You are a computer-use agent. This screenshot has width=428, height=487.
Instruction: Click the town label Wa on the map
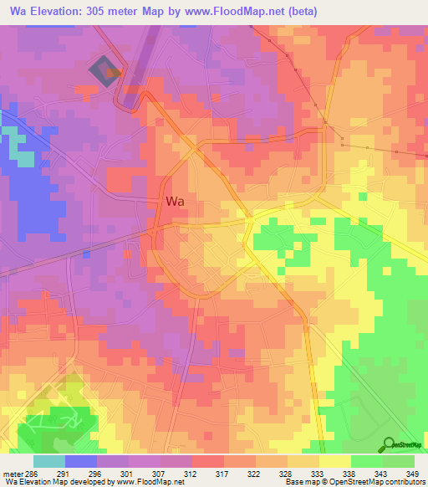(176, 201)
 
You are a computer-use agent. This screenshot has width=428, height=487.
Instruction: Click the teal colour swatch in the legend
(48, 461)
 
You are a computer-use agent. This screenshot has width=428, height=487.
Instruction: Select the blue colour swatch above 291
(80, 461)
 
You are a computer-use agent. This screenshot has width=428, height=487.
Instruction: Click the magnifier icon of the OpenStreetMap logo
(390, 443)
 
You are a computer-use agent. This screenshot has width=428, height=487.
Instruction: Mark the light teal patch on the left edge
(23, 157)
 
